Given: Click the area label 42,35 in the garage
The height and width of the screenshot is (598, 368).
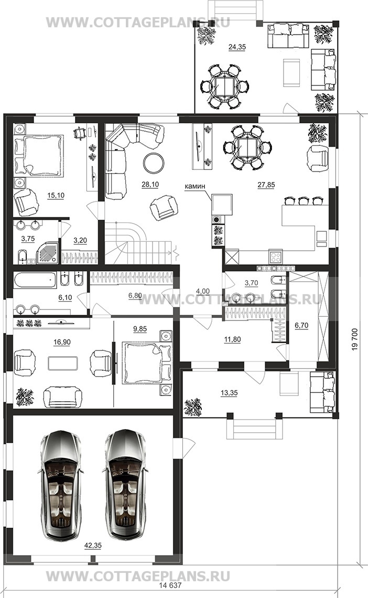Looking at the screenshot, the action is (93, 546).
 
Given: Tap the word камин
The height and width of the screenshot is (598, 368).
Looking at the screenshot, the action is (194, 186).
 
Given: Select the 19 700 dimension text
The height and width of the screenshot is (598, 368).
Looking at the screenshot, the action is (354, 339).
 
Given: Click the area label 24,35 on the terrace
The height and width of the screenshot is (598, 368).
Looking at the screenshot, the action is (237, 47).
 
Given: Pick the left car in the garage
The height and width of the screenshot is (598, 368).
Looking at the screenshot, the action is (61, 485).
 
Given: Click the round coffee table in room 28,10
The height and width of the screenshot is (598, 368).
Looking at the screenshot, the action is (154, 163).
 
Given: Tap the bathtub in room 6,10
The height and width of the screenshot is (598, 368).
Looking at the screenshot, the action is (35, 280).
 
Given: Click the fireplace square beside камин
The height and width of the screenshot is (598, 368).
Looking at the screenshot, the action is (222, 205).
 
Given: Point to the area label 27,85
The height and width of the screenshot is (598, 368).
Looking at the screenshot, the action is (266, 185).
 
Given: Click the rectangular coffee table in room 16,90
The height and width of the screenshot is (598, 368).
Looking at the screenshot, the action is (63, 363).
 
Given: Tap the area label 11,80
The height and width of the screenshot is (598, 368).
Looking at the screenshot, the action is (232, 339).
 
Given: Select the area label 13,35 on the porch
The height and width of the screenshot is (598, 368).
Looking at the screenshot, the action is (229, 393).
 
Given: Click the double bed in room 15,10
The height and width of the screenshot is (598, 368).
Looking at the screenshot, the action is (38, 156).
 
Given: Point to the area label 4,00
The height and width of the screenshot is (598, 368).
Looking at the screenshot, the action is (203, 291).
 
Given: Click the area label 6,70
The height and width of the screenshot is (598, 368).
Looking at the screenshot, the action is (302, 325).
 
